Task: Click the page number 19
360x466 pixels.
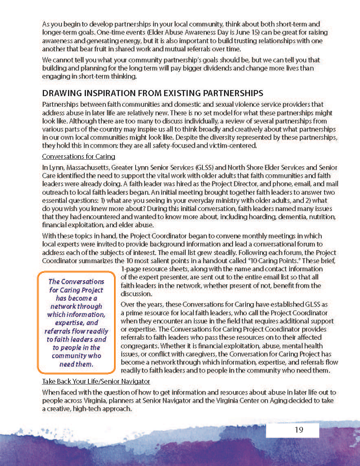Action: click(299, 430)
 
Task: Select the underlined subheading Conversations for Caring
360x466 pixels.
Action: click(79, 156)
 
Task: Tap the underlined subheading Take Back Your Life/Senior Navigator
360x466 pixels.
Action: click(96, 381)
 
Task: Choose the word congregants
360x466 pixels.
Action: click(140, 345)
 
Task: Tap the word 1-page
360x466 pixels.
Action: click(130, 269)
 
